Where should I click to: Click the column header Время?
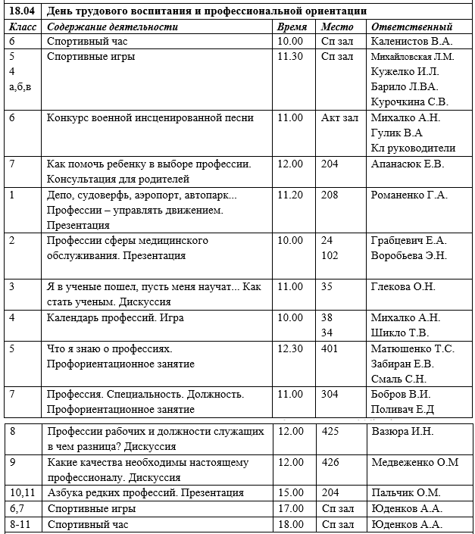click(292, 27)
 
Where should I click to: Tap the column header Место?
click(337, 27)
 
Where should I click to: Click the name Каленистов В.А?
click(410, 41)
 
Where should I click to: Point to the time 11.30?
click(291, 56)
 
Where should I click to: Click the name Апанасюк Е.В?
click(408, 164)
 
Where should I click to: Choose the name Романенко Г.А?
click(410, 195)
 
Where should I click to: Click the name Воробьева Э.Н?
click(409, 255)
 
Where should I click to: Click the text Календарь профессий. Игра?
click(115, 317)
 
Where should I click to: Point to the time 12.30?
click(291, 348)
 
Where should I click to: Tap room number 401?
click(330, 348)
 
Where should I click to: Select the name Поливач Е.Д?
click(402, 409)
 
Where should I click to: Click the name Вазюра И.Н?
click(402, 431)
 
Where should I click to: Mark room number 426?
click(330, 462)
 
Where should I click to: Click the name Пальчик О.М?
click(405, 493)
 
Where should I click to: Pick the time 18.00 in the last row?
click(291, 524)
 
